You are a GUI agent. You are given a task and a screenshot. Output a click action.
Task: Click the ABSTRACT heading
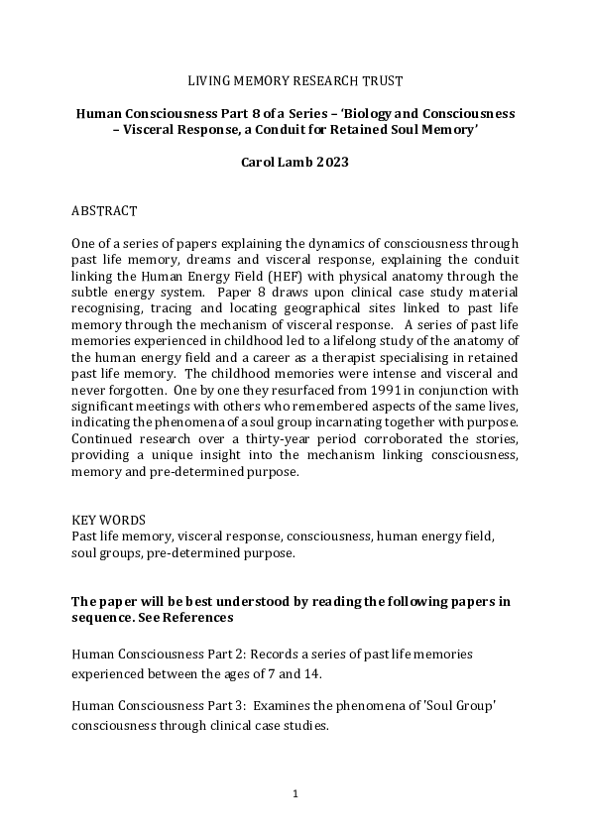105,212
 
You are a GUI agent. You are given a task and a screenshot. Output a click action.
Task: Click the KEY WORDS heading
109,520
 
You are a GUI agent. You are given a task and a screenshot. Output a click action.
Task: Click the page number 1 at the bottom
295,794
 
